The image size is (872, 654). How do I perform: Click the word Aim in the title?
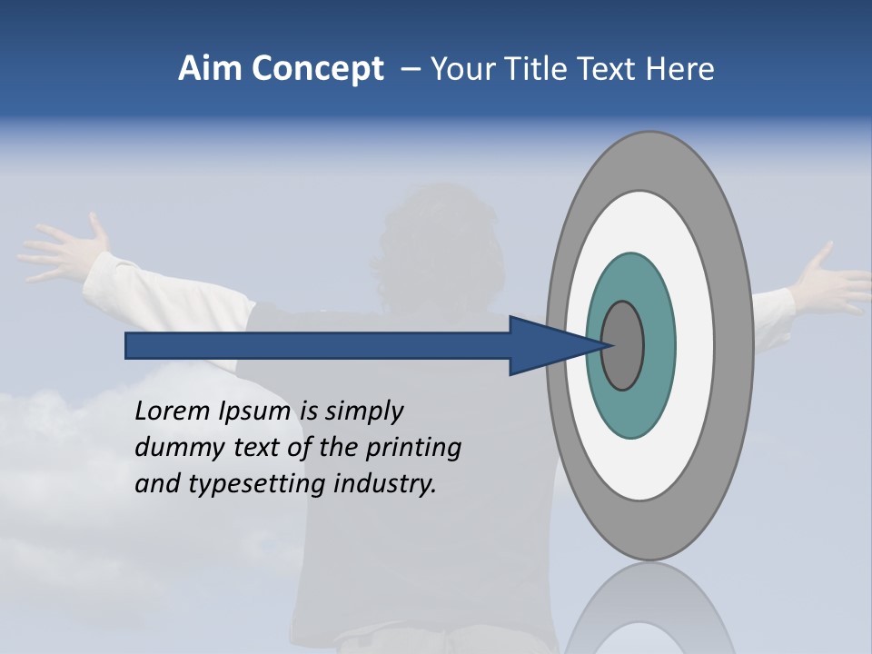pyautogui.click(x=210, y=69)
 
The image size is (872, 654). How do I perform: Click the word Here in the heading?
pyautogui.click(x=679, y=69)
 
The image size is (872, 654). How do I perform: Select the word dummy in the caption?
pyautogui.click(x=173, y=448)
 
